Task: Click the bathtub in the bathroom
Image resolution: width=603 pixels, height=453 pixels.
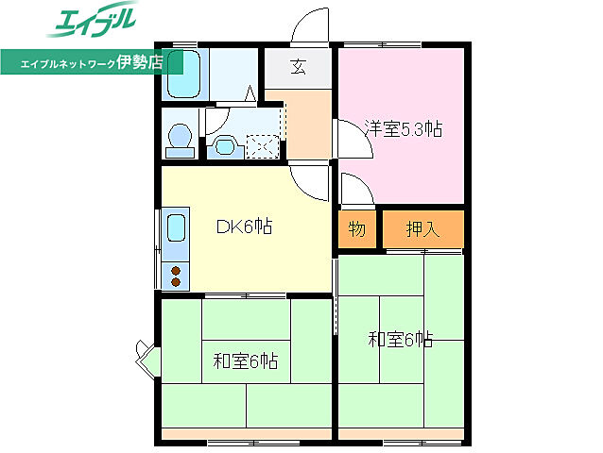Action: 184,75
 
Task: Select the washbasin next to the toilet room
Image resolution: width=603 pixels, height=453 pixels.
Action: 223,144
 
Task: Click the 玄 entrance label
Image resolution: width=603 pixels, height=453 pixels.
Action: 298,67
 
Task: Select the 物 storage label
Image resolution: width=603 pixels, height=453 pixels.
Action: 356,228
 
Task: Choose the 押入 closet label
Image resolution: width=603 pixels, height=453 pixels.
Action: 422,228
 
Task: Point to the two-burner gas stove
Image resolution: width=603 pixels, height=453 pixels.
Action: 176,276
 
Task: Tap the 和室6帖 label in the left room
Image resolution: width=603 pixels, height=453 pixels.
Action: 245,361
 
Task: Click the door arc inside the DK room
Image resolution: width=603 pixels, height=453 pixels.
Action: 306,179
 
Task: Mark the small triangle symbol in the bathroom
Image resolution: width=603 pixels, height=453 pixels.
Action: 250,92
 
